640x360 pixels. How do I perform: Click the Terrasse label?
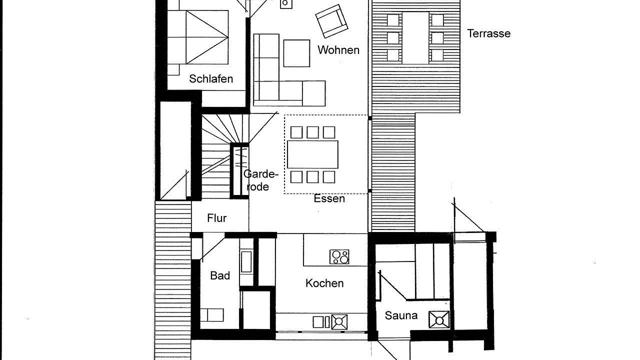click(x=488, y=33)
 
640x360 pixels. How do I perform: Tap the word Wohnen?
click(x=338, y=50)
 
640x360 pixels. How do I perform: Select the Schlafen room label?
click(x=210, y=79)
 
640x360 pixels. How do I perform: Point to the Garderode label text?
click(x=260, y=180)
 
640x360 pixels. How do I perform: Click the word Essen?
click(x=329, y=198)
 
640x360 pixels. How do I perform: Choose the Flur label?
click(x=216, y=218)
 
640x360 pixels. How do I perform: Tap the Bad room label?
click(x=220, y=275)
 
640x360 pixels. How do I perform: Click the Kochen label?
click(x=324, y=283)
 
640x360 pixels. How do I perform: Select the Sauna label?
click(x=401, y=315)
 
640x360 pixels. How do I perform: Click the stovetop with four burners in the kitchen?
click(x=339, y=257)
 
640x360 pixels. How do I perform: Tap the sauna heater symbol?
click(x=439, y=319)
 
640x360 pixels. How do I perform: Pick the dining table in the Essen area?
click(x=312, y=154)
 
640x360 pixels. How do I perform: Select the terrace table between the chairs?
click(x=415, y=38)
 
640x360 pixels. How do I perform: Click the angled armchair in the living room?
click(x=331, y=21)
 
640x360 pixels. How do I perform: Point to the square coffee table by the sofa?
click(x=296, y=53)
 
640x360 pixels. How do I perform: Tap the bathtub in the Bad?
click(x=246, y=261)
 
